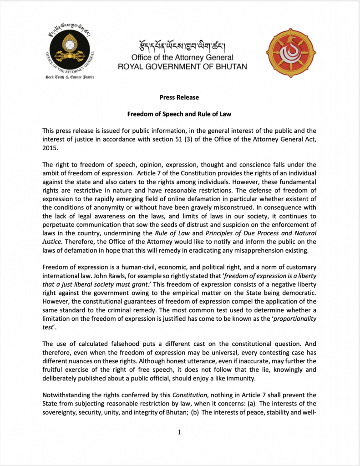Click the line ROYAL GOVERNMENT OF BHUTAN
pos(183,66)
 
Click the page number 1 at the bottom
pos(180,432)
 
